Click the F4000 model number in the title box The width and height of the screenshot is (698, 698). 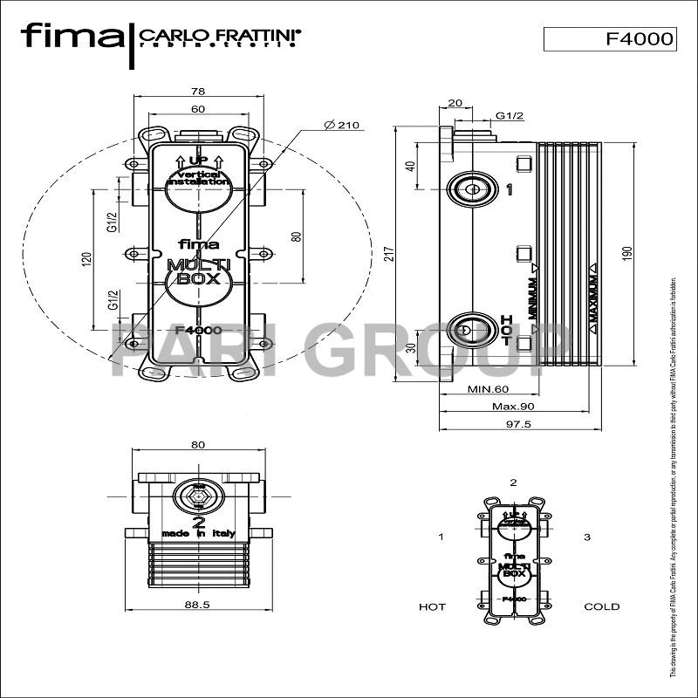tap(639, 38)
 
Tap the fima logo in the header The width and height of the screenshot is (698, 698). tap(72, 36)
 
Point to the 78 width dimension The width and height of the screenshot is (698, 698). tap(198, 91)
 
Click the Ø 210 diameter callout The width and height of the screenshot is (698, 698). tap(341, 126)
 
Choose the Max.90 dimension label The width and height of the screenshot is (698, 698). tap(513, 407)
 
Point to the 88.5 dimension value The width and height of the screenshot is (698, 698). tap(198, 603)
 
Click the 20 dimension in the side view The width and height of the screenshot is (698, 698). tap(454, 103)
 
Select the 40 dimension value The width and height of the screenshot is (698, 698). tap(410, 166)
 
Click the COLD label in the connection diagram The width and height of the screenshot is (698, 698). tap(601, 606)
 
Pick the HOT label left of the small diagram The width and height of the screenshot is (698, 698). tap(432, 606)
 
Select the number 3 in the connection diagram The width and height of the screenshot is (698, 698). tap(587, 536)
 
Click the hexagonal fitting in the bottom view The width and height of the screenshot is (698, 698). tap(198, 499)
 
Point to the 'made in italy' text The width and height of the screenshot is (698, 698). tap(198, 534)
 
